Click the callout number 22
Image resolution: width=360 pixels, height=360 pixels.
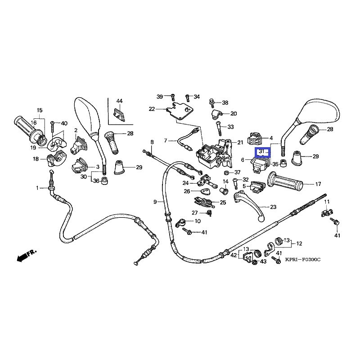click(x=152, y=109)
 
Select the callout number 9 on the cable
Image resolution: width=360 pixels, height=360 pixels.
click(x=155, y=202)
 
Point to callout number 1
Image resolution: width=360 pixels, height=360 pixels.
click(x=38, y=188)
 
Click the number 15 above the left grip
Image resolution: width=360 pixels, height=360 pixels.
click(x=39, y=110)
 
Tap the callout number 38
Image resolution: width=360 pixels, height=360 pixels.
click(x=225, y=103)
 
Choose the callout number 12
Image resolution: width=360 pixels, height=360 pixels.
click(x=300, y=243)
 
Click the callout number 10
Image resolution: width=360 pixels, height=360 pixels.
click(x=197, y=221)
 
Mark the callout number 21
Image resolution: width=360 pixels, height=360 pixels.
click(x=240, y=143)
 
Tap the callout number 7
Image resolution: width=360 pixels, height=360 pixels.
click(x=165, y=141)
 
